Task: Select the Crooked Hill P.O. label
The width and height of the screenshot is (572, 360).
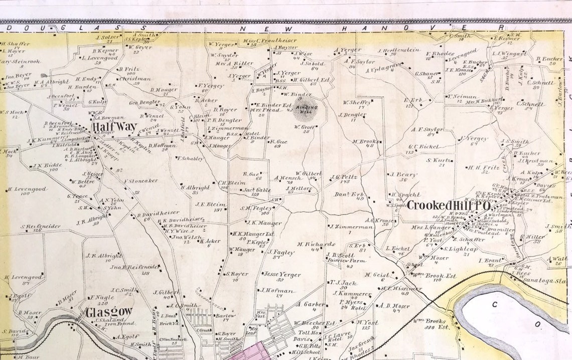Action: pos(448,205)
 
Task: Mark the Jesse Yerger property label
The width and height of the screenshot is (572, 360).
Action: pos(282,275)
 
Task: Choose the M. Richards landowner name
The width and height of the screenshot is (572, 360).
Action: pos(316,244)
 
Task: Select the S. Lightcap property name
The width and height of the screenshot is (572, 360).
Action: pos(457,248)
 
